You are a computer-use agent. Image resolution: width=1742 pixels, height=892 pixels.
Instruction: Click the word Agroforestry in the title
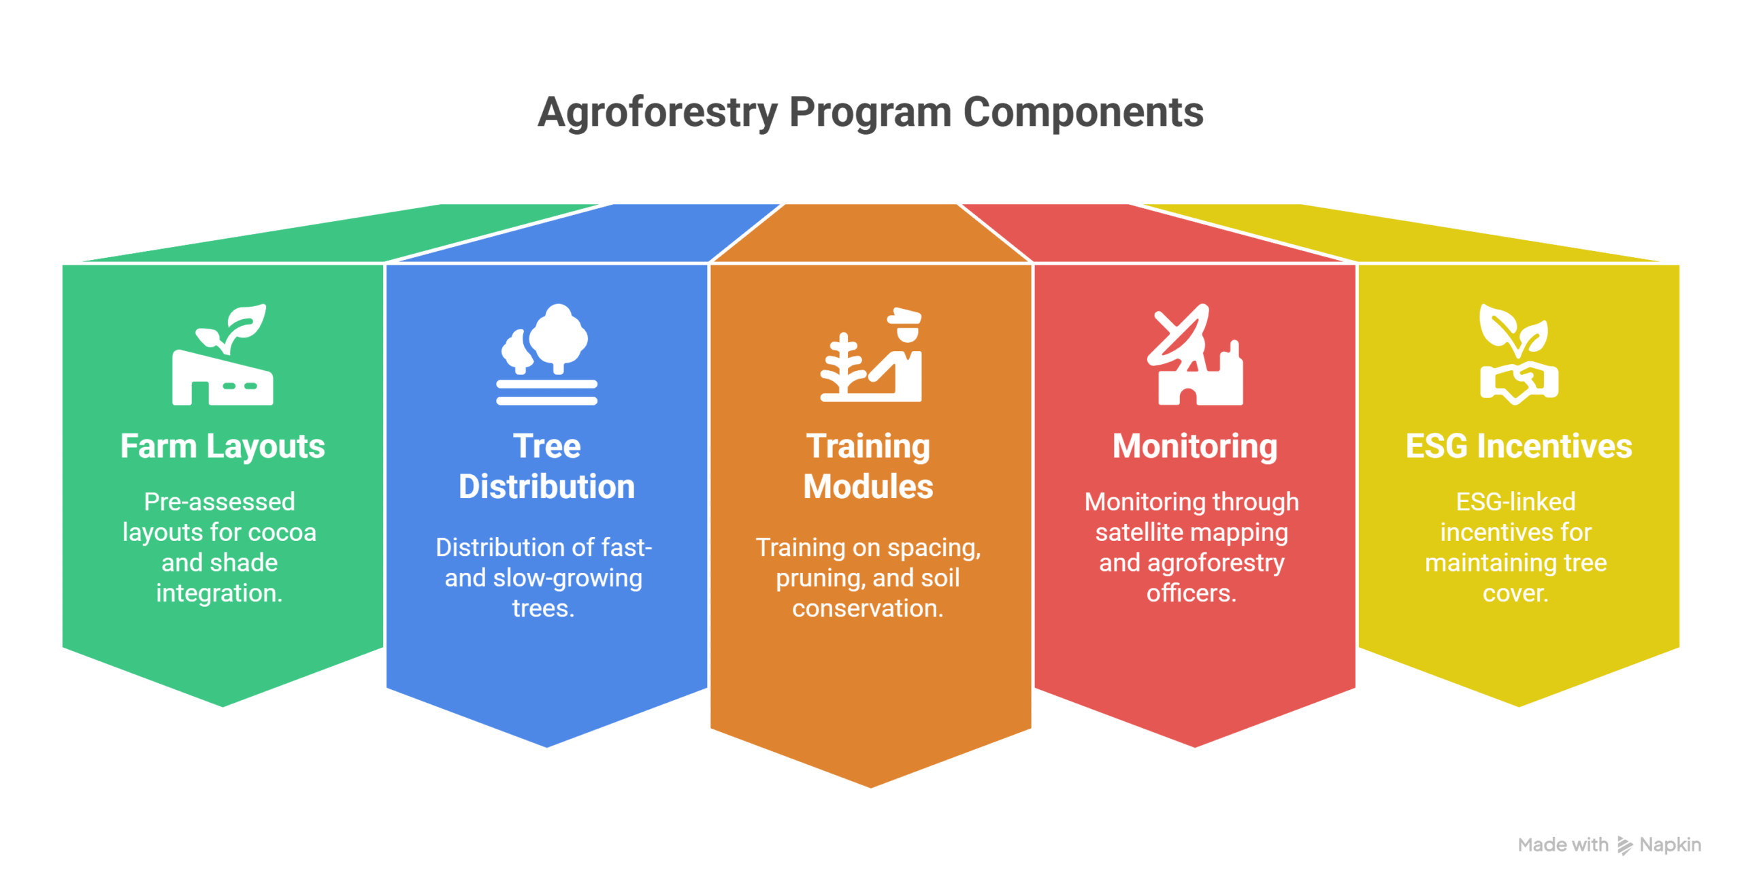click(x=657, y=112)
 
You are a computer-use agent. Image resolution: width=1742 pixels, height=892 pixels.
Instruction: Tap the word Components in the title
click(x=1083, y=112)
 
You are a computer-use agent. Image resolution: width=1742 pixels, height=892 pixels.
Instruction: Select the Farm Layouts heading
click(x=223, y=447)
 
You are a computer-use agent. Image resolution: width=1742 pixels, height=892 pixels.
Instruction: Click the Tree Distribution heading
click(x=546, y=467)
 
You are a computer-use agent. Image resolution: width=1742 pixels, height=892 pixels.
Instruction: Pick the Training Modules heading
click(x=868, y=467)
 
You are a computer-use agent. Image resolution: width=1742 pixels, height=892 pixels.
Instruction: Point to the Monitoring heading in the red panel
click(x=1195, y=447)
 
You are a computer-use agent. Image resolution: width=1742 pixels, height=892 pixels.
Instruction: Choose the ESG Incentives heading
click(x=1519, y=446)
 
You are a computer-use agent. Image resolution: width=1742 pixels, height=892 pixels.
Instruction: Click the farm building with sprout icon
click(x=223, y=354)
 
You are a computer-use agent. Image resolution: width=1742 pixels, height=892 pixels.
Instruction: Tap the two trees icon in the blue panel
click(x=546, y=354)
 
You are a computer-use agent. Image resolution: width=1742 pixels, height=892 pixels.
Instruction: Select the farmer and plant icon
click(x=871, y=354)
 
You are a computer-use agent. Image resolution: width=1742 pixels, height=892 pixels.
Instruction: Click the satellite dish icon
click(x=1195, y=354)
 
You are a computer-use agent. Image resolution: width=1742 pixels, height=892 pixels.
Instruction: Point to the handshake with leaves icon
click(x=1519, y=354)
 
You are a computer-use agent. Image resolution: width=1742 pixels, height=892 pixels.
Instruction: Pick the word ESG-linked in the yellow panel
click(x=1515, y=502)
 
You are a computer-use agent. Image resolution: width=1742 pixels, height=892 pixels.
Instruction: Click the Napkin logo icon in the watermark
click(x=1624, y=845)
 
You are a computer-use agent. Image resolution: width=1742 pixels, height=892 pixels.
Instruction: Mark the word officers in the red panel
click(x=1192, y=593)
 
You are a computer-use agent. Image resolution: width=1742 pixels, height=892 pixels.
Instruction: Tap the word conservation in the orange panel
click(x=868, y=609)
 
